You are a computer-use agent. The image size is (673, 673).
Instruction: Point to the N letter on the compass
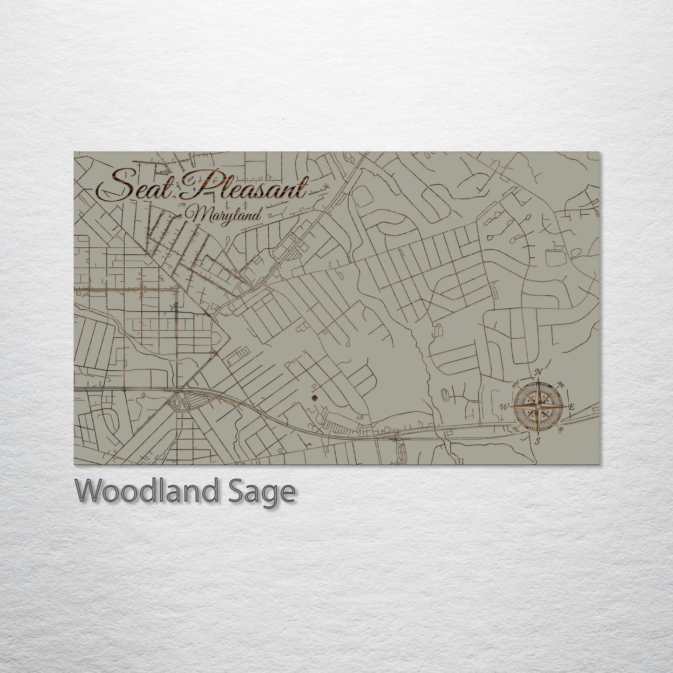(x=539, y=372)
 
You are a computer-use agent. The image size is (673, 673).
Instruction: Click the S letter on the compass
(x=537, y=441)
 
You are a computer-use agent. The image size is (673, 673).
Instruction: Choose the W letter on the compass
(x=504, y=407)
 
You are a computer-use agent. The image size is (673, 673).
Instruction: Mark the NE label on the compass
(x=561, y=385)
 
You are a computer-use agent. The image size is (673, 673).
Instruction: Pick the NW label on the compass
(x=516, y=385)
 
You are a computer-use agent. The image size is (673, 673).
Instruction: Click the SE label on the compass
(x=561, y=428)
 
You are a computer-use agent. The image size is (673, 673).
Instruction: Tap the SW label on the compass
(x=515, y=428)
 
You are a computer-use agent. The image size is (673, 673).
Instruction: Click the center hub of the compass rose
(x=538, y=407)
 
